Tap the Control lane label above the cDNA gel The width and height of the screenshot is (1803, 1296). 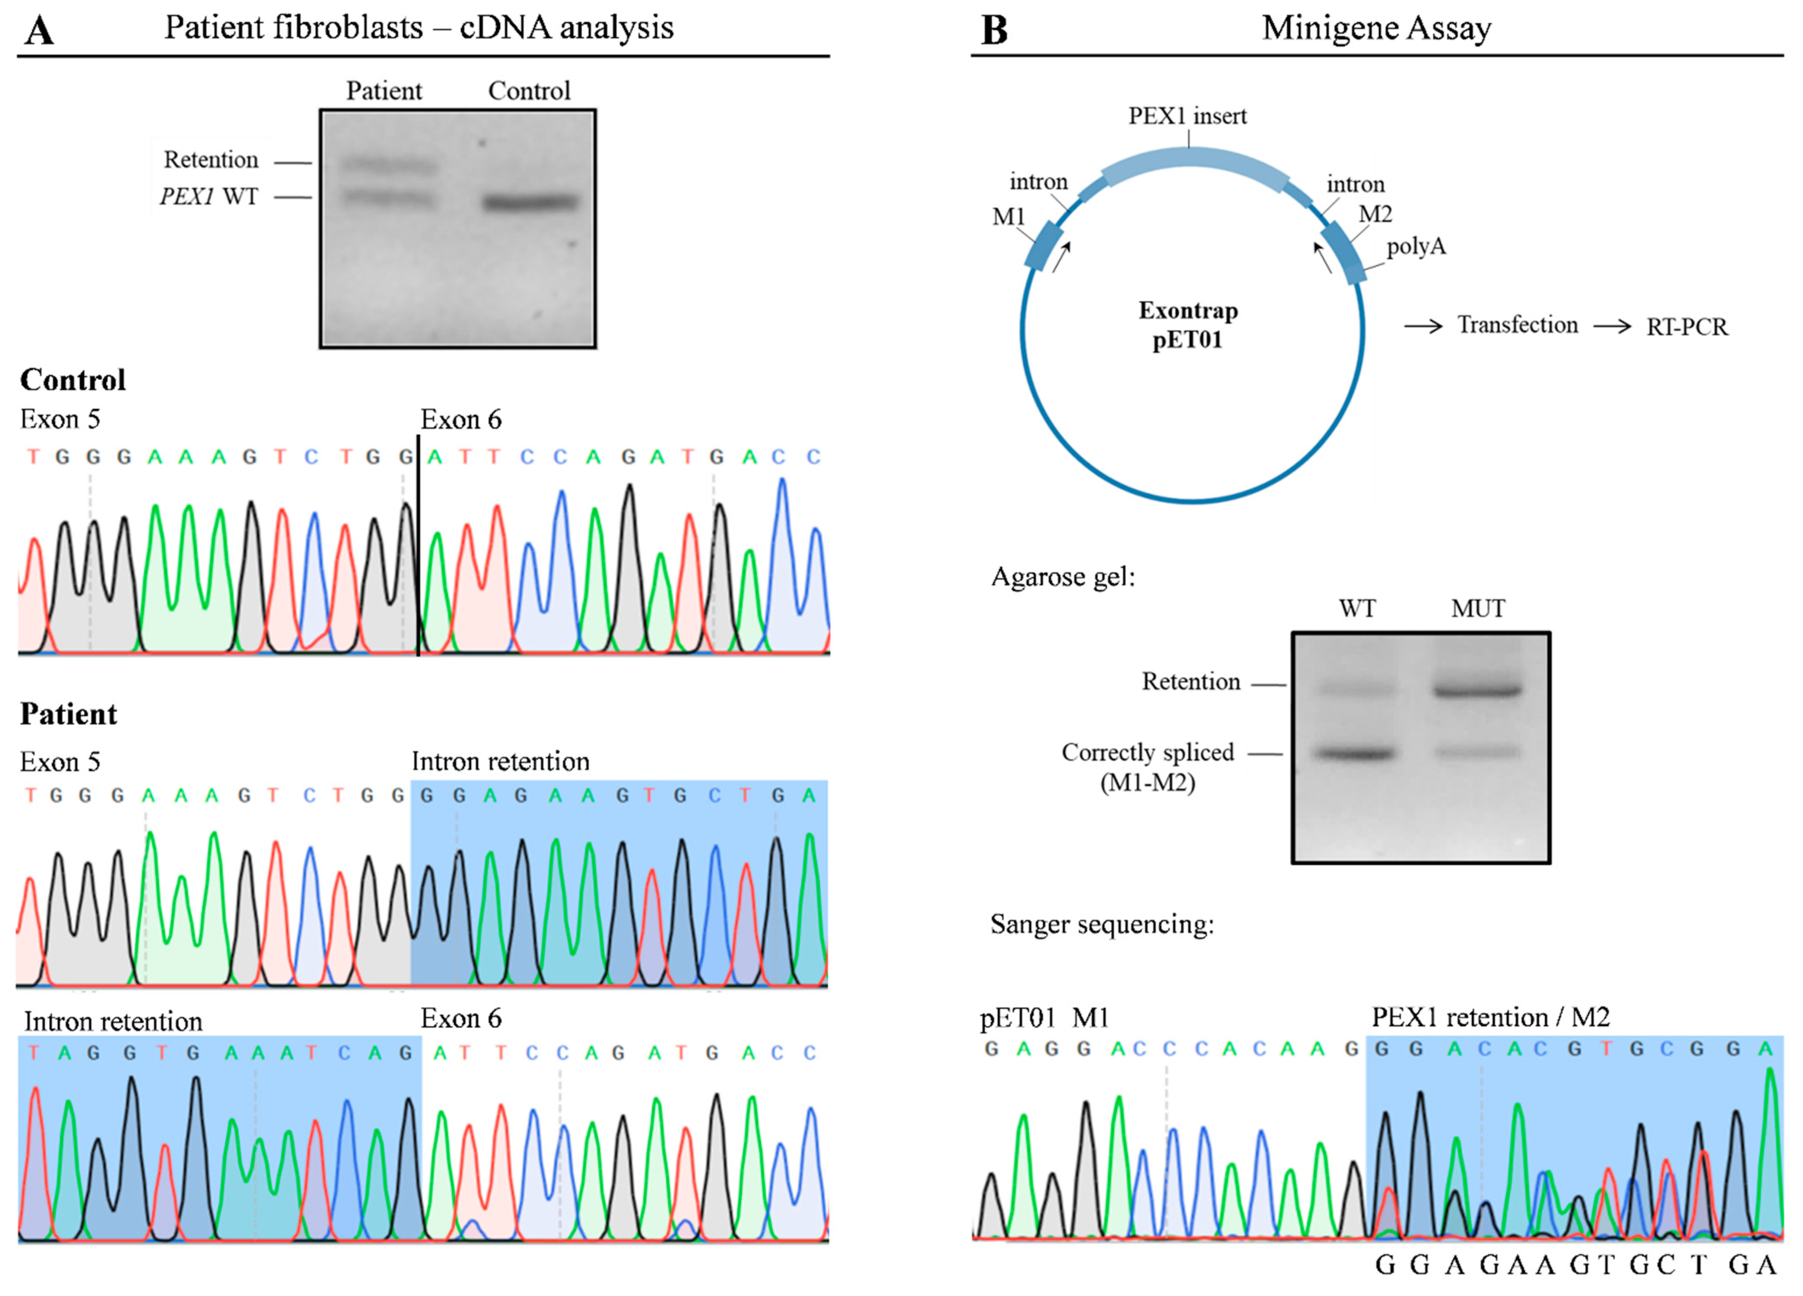[x=529, y=91]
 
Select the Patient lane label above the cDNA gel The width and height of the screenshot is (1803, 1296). [x=384, y=91]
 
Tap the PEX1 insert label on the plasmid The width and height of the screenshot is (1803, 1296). [x=1188, y=116]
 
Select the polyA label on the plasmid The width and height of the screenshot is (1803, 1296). [x=1416, y=246]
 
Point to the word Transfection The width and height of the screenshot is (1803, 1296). [x=1517, y=325]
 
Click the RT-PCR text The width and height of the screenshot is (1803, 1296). [x=1687, y=327]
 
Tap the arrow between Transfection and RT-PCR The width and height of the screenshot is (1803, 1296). [x=1612, y=326]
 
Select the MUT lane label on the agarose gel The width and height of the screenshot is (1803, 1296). [x=1477, y=609]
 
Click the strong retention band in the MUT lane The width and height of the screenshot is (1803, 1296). [x=1477, y=690]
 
